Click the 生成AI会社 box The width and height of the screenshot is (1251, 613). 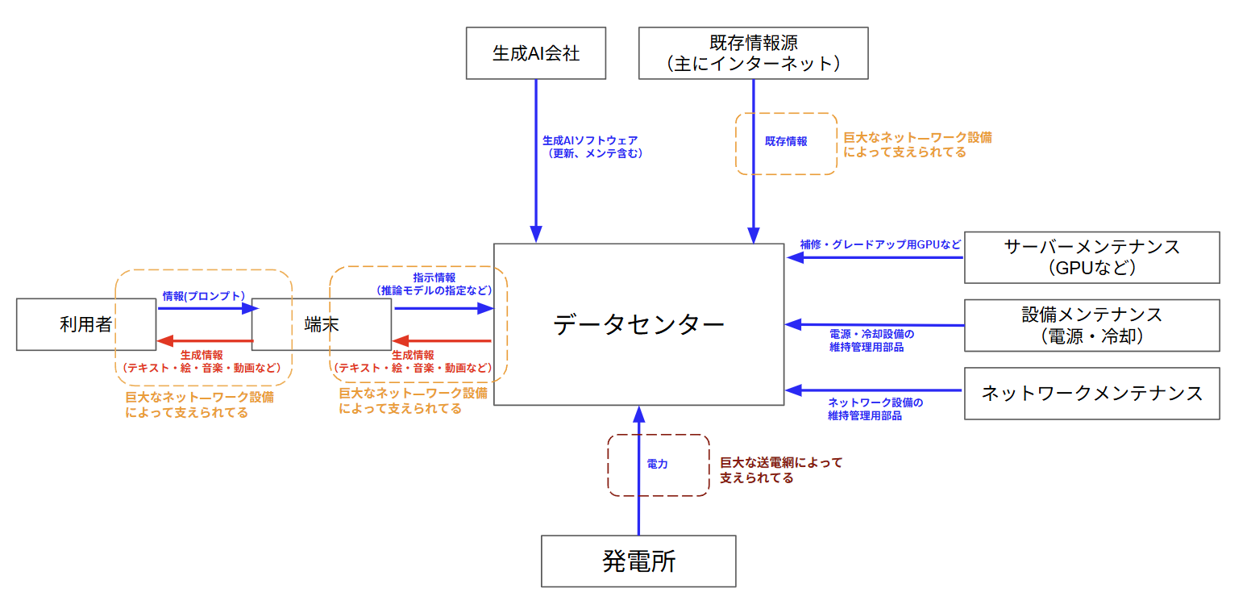tap(536, 53)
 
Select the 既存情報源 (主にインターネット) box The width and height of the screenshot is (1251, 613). tap(753, 53)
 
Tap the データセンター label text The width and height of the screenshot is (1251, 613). tap(638, 324)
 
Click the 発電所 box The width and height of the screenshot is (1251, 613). tap(638, 561)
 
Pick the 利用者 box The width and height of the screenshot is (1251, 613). tap(85, 324)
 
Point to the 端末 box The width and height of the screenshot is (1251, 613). tap(321, 324)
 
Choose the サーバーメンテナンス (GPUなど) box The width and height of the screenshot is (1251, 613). tap(1091, 257)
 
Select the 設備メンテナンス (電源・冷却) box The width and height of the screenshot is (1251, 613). tap(1091, 325)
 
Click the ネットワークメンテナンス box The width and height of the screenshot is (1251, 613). tap(1091, 394)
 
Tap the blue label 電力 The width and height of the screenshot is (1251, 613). tap(657, 465)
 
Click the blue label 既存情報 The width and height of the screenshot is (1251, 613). tap(785, 141)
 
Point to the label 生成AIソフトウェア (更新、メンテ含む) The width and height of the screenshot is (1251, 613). tap(595, 146)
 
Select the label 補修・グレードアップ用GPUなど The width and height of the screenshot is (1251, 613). tap(880, 244)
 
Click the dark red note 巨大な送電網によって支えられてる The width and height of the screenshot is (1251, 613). tap(779, 469)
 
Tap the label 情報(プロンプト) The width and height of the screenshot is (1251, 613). tap(203, 296)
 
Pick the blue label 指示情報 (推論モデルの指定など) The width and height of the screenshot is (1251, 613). tap(434, 284)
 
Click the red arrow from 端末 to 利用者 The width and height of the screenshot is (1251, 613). tap(205, 340)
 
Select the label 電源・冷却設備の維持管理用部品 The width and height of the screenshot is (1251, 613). tap(871, 340)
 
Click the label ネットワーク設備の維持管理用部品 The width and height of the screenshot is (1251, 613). tap(875, 409)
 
